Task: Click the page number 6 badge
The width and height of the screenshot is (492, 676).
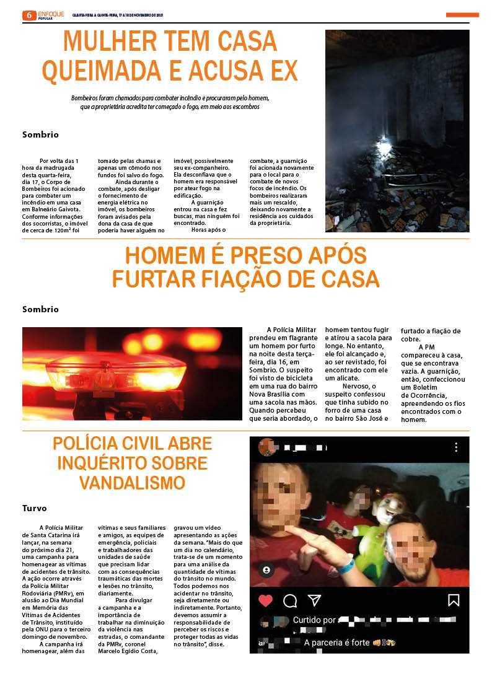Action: pyautogui.click(x=29, y=15)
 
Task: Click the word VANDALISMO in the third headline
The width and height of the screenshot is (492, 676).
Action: pyautogui.click(x=132, y=483)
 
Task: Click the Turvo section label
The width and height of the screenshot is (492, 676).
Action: pyautogui.click(x=35, y=508)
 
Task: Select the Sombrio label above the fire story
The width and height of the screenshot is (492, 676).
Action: pyautogui.click(x=40, y=134)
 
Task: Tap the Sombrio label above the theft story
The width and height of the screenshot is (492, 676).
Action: pyautogui.click(x=40, y=309)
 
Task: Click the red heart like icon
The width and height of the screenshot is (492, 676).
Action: pyautogui.click(x=265, y=600)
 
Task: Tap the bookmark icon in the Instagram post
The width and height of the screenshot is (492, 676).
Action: pyautogui.click(x=454, y=600)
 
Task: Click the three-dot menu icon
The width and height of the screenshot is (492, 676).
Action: pyautogui.click(x=456, y=447)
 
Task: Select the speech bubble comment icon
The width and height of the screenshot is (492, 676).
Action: pyautogui.click(x=290, y=600)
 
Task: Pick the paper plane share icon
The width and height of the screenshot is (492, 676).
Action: pyautogui.click(x=315, y=600)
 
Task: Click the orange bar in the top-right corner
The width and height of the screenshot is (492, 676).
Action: pyautogui.click(x=462, y=15)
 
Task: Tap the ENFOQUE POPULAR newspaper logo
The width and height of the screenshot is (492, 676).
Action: pyautogui.click(x=51, y=15)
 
